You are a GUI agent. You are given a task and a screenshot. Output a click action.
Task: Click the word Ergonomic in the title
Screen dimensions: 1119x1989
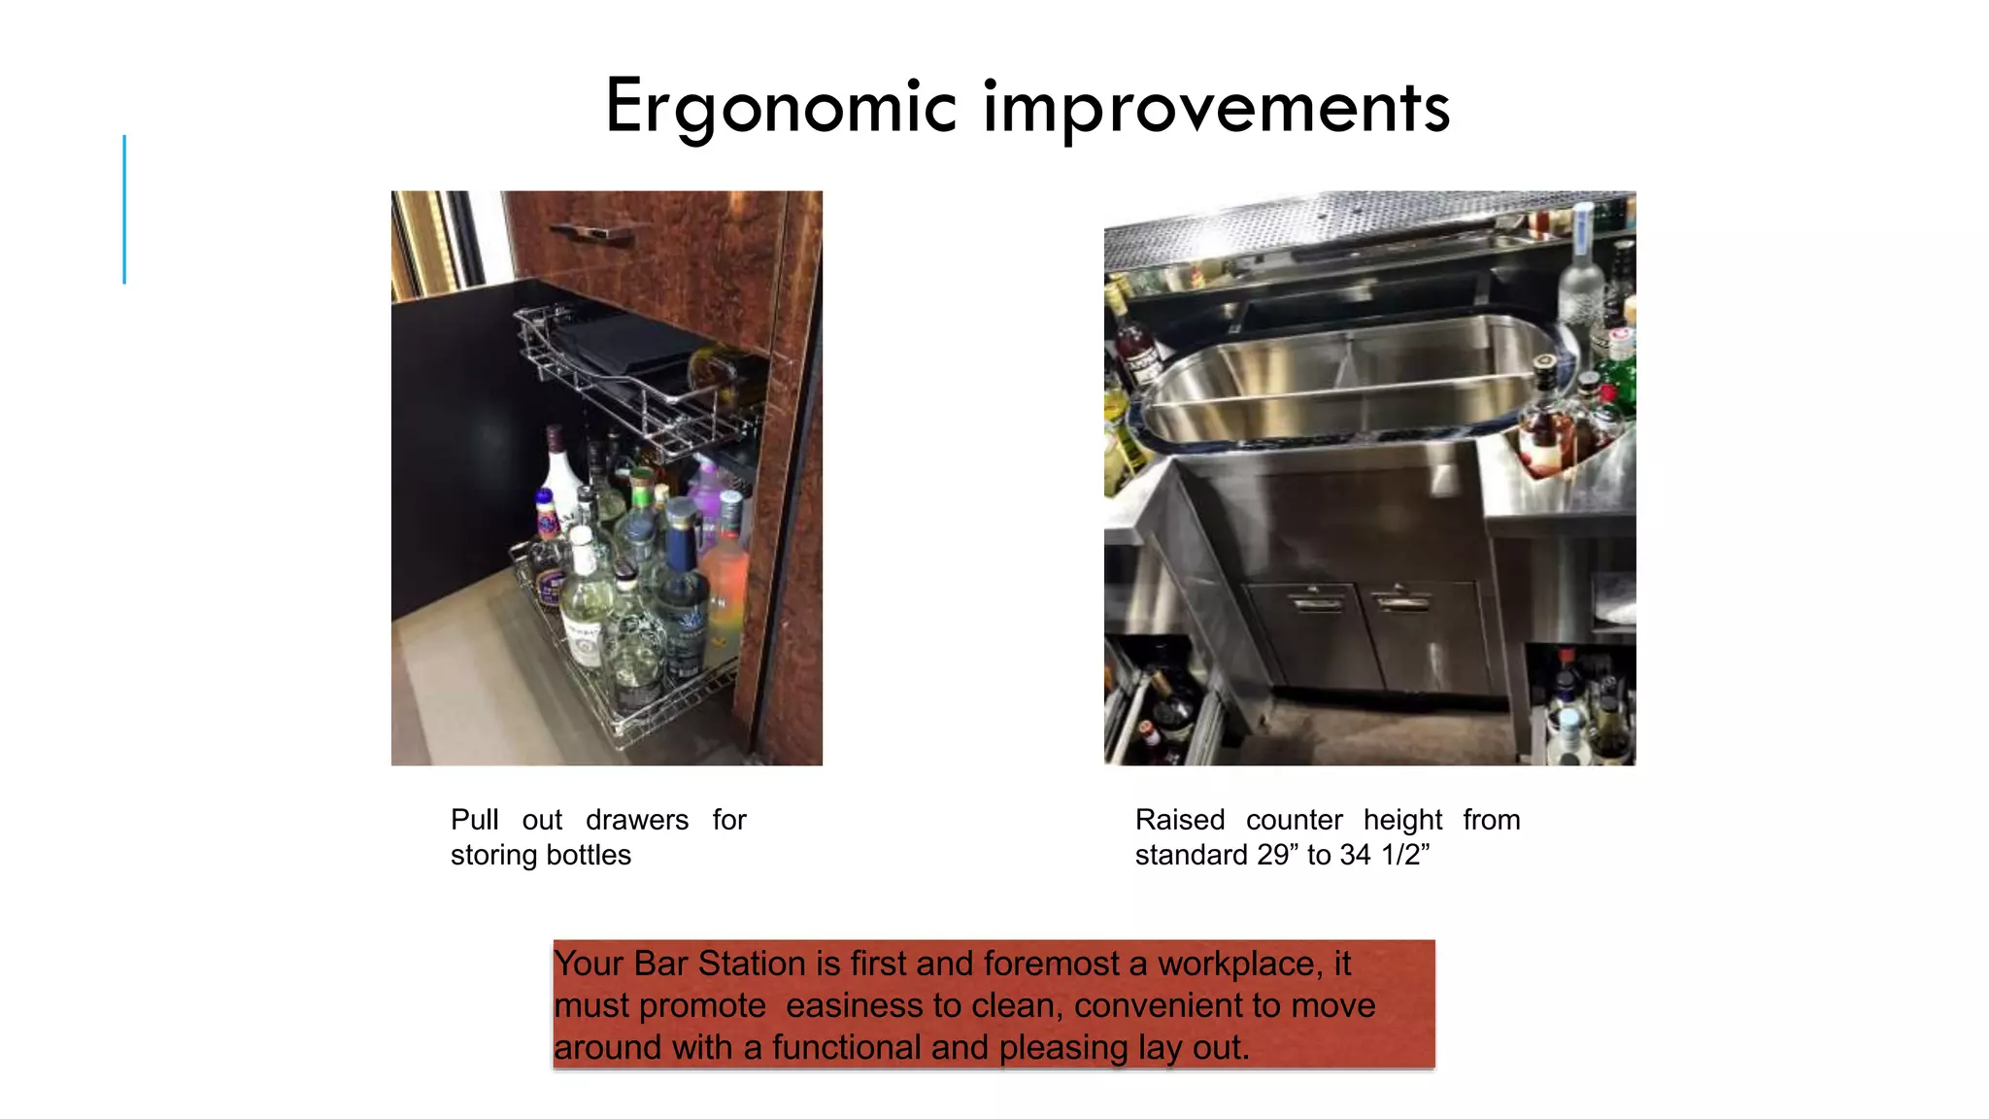click(781, 107)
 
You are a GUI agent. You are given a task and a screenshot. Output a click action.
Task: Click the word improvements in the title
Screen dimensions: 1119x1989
click(1216, 107)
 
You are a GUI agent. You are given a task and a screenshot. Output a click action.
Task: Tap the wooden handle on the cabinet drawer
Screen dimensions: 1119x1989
click(594, 231)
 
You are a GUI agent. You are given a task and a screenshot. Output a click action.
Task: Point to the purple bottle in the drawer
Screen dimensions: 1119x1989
click(707, 495)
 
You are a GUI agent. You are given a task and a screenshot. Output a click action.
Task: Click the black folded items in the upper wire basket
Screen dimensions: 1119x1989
click(622, 345)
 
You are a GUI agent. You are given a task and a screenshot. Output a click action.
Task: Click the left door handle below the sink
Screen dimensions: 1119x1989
click(1318, 603)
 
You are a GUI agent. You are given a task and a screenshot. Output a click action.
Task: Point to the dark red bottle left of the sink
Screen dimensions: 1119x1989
click(1133, 350)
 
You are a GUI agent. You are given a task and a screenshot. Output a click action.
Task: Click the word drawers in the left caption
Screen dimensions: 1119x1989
click(636, 820)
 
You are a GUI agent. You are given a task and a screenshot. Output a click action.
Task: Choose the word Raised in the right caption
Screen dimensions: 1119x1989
click(1179, 820)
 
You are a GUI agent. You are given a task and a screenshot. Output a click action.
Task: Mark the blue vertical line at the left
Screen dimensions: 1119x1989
click(124, 209)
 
